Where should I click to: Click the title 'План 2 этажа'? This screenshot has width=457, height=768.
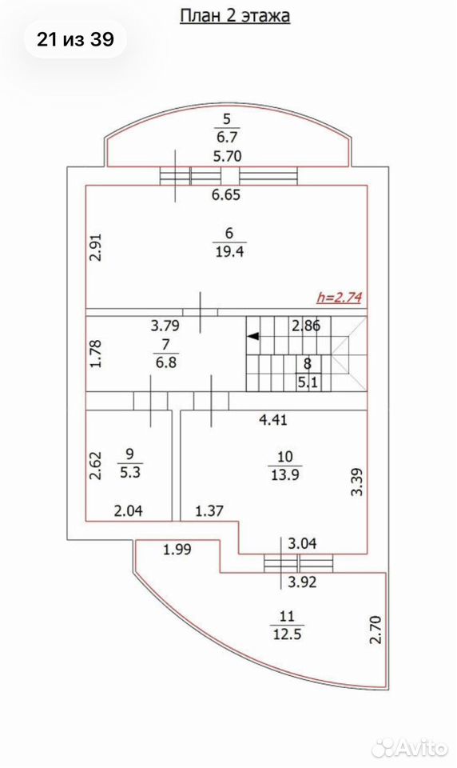235,16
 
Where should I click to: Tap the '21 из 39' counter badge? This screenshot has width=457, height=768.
75,40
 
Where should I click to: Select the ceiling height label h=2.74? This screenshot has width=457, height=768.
339,298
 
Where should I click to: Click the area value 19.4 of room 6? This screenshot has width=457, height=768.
229,252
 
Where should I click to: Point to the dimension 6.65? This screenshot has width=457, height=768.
226,195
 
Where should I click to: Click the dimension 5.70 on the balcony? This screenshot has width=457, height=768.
228,156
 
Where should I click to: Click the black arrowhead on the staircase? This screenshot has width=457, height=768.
253,336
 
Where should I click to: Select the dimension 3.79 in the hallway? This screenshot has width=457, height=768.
165,325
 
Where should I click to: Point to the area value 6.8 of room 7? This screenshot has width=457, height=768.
166,363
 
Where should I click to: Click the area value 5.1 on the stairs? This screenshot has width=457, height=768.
308,382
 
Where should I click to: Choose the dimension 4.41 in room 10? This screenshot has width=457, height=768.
273,420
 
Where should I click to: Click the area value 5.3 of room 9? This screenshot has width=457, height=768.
129,473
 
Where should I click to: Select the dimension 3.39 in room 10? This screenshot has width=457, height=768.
358,482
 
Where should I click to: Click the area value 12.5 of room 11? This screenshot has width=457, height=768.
286,634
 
